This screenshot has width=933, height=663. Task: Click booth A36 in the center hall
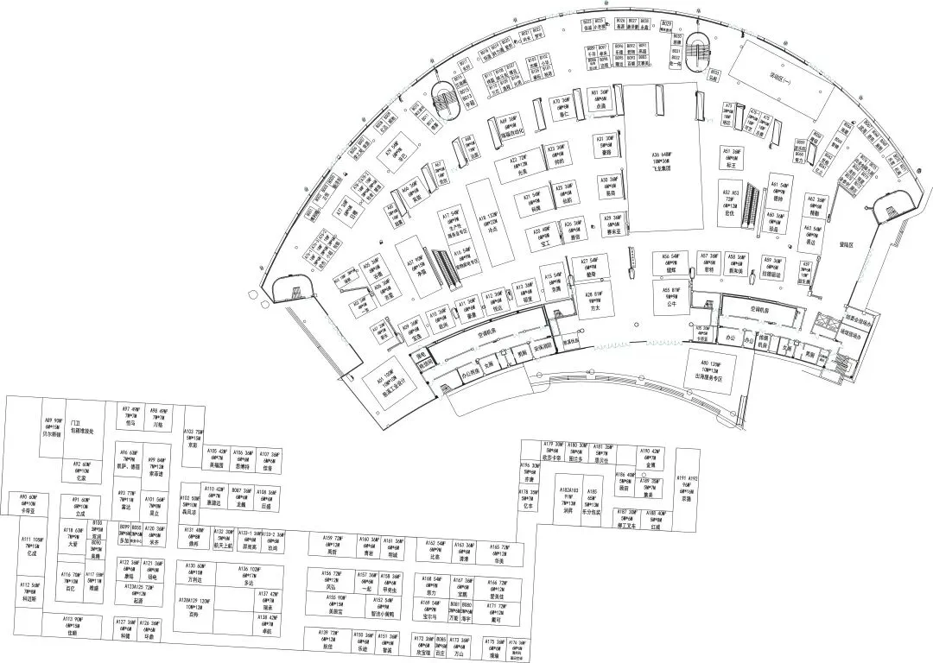662,162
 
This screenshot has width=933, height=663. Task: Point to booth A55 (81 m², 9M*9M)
671,299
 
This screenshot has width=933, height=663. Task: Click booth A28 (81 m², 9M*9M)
593,299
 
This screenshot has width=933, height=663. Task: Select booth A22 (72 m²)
522,166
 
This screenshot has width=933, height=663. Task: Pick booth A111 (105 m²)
32,547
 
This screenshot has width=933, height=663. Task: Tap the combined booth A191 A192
687,490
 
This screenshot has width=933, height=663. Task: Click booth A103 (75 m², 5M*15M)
194,440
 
